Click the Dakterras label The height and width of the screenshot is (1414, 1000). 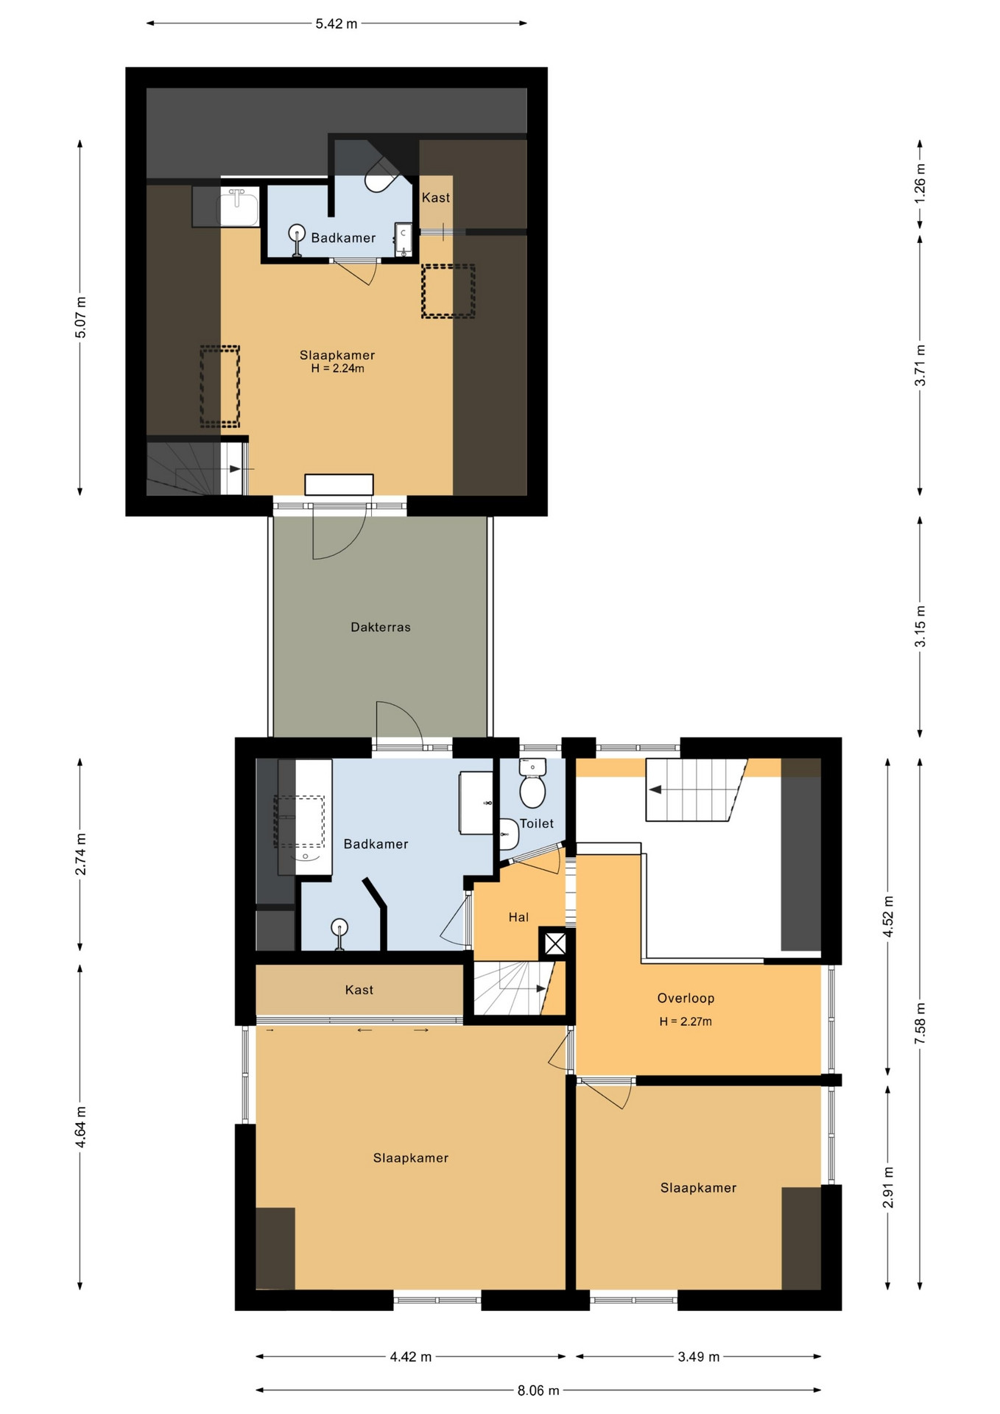coord(380,627)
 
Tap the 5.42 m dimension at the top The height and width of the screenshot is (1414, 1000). coord(337,24)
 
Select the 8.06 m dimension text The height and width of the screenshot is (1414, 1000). coord(538,1390)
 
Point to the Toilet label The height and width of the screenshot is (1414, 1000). coord(537,823)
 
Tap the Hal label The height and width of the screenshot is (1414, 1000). coord(518,917)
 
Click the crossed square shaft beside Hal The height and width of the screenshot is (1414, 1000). coord(555,943)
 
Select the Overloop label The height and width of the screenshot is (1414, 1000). coord(686,998)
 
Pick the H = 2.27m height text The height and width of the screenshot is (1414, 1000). coord(686,1021)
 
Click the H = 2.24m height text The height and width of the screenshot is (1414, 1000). coord(337,368)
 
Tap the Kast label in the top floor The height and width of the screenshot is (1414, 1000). coord(436,197)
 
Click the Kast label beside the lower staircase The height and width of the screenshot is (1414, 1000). coord(359,990)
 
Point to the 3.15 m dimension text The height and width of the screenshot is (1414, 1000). coord(920,627)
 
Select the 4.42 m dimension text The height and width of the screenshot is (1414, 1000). coord(411,1357)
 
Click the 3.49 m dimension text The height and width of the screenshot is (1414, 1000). coord(699,1357)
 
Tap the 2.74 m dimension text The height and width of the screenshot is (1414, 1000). coord(81,854)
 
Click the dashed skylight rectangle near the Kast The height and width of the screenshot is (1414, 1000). coord(448,291)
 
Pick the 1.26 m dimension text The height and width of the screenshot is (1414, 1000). coord(920,184)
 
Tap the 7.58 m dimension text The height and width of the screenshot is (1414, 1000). coord(920,1024)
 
